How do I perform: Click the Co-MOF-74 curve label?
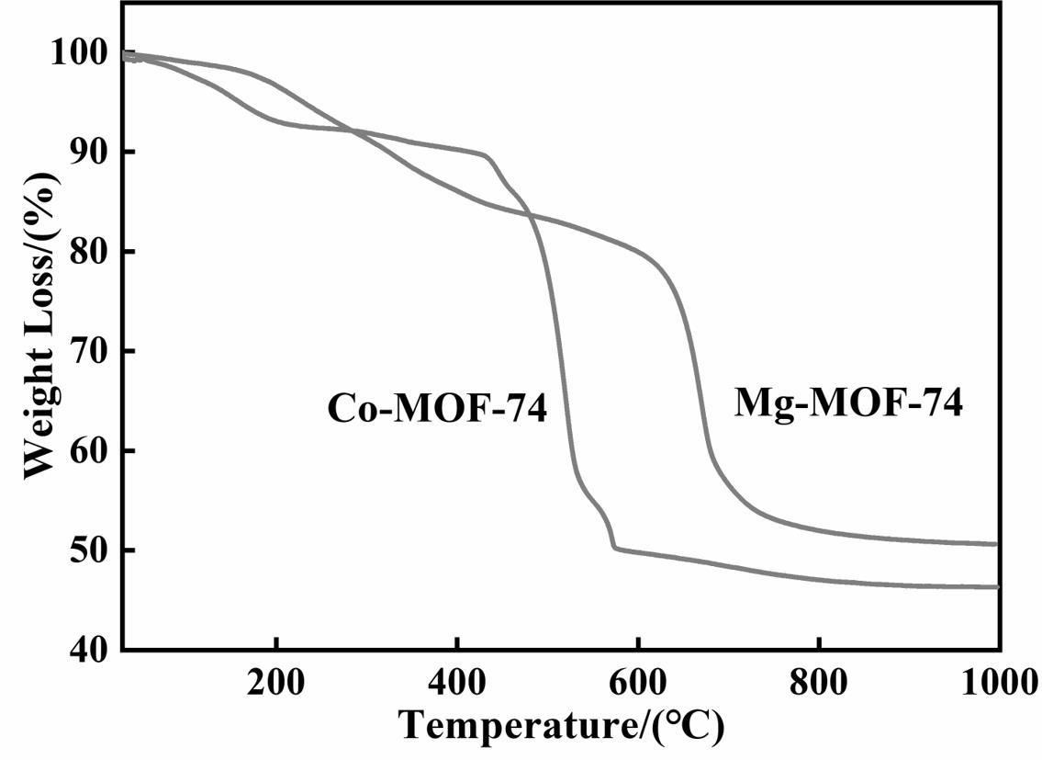pos(437,407)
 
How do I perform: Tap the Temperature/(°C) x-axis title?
pos(562,725)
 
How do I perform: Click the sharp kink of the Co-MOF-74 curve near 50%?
pos(613,547)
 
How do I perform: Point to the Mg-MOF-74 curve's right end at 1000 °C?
pos(996,544)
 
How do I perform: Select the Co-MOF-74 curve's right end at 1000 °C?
pos(996,586)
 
